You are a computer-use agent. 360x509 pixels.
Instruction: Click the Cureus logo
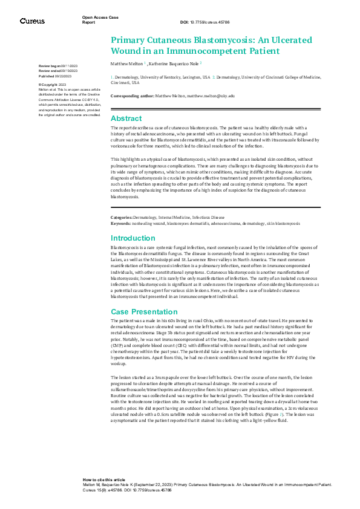tap(32, 21)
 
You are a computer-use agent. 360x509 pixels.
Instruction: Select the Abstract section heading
tap(126, 118)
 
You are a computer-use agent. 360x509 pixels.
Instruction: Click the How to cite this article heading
tap(104, 478)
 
